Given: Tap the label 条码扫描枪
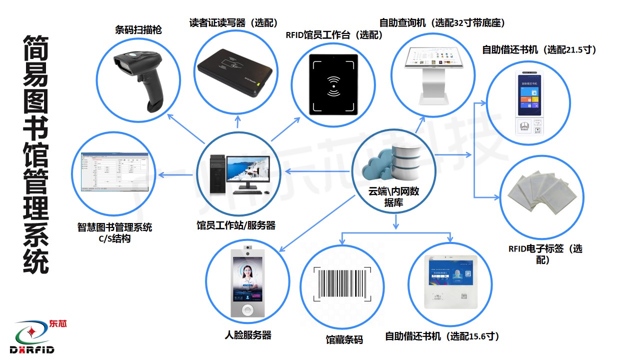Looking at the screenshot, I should tap(138, 30).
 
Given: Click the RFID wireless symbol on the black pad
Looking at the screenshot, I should tap(332, 85).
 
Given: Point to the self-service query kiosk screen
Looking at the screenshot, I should tap(433, 59).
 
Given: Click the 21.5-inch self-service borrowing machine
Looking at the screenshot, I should tap(528, 103).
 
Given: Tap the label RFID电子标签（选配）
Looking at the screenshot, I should tap(545, 254).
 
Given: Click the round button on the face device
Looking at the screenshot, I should tap(248, 310).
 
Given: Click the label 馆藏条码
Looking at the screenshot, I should tap(344, 340).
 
